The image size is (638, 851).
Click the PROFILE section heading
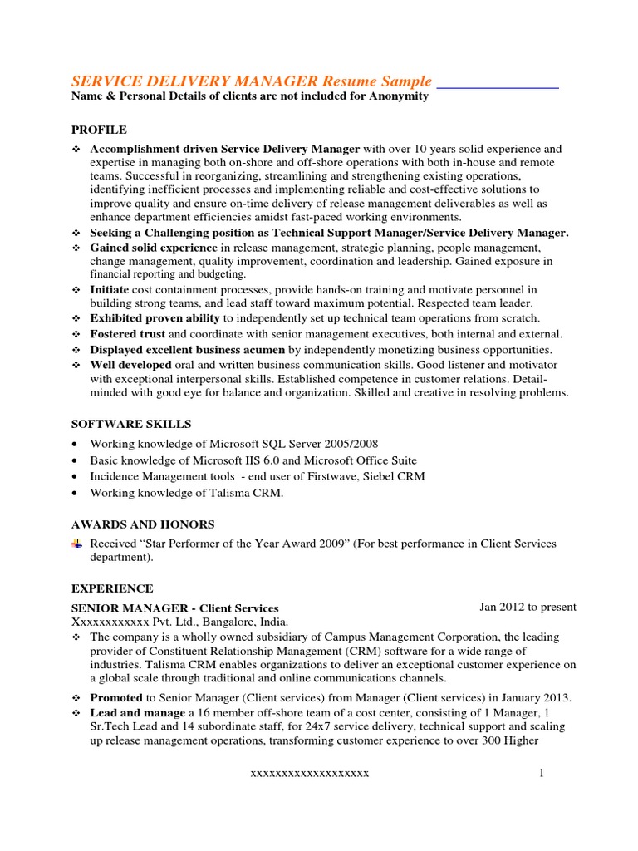pos(99,130)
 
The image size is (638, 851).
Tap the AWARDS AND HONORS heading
pos(143,524)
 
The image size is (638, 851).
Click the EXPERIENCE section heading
pos(112,588)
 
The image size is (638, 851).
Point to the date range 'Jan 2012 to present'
pos(528,607)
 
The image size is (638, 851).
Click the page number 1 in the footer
pos(541,773)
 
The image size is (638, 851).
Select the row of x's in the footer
pos(310,774)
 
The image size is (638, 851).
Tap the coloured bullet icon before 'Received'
pos(77,544)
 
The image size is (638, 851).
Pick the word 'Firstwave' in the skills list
pos(334,476)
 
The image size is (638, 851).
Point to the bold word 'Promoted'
pos(116,697)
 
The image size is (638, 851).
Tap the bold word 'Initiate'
pos(110,289)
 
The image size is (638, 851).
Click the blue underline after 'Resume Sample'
pos(497,86)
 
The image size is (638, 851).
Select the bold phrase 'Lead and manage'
pos(137,713)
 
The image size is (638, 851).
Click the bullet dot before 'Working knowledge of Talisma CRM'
pos(76,493)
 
